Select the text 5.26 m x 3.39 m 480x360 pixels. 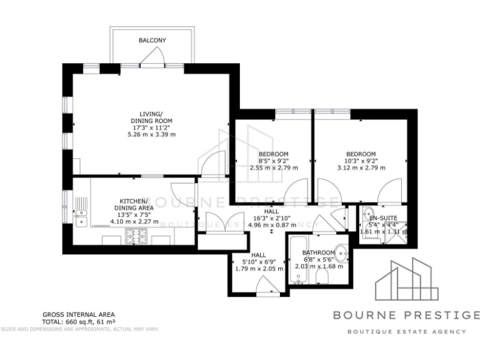point(152,134)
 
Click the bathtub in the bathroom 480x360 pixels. point(296,261)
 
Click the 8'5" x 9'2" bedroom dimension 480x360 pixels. point(273,161)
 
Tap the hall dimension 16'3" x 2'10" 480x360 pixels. point(271,218)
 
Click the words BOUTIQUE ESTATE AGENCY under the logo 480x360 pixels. point(407,331)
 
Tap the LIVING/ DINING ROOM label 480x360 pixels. point(151,117)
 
